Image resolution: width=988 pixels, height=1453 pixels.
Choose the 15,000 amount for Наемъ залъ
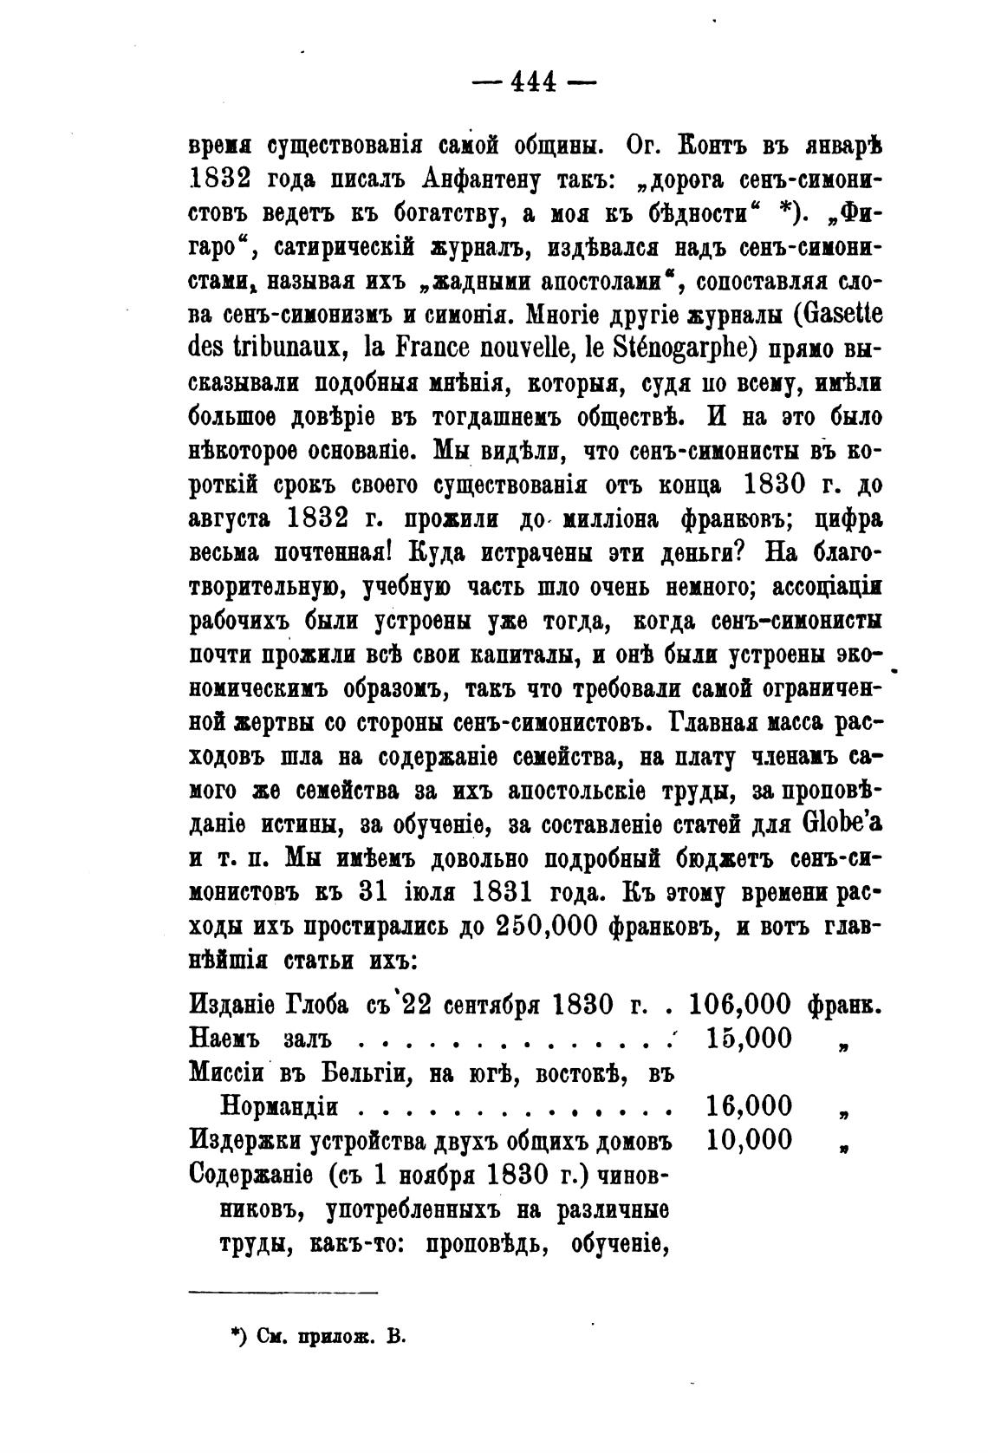coord(749,1038)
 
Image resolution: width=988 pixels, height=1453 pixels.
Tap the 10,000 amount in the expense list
coord(749,1139)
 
